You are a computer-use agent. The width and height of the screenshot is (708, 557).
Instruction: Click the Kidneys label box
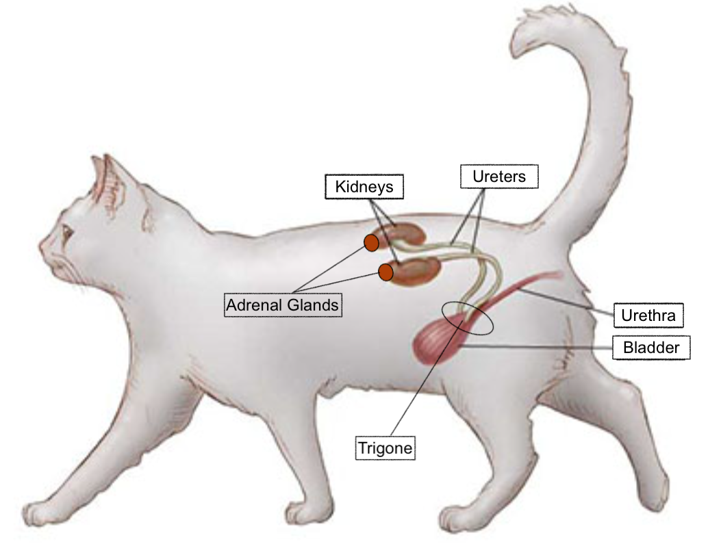[363, 187]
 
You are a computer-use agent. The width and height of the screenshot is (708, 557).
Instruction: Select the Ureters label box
[498, 177]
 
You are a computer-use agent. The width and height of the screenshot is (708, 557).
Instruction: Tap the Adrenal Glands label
[283, 305]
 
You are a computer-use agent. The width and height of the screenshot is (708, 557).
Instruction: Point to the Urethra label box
[648, 315]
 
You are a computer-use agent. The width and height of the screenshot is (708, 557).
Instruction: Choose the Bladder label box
[650, 348]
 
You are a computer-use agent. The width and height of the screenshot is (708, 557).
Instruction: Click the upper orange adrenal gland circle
[371, 242]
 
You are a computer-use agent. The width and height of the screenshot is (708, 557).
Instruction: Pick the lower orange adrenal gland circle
[385, 272]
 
